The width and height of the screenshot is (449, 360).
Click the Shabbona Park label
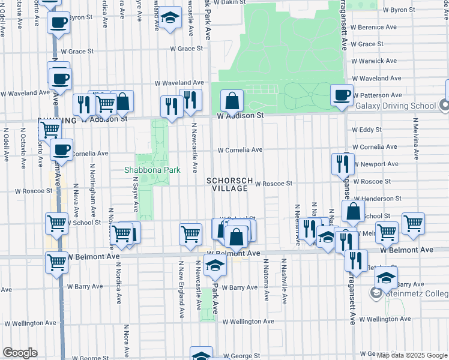[152, 170]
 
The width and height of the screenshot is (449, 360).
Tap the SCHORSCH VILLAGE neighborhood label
[227, 184]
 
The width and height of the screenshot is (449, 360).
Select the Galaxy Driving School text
[396, 106]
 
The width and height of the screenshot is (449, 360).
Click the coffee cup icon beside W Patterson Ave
[342, 96]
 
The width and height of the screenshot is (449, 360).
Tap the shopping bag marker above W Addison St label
[232, 101]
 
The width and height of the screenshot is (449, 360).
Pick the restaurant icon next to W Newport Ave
[343, 164]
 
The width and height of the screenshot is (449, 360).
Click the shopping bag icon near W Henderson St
[354, 212]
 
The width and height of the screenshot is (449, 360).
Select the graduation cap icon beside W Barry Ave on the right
[387, 278]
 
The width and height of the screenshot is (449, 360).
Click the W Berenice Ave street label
[375, 27]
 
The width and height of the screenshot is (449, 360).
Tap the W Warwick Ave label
[374, 61]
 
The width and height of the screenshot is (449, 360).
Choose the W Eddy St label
[367, 130]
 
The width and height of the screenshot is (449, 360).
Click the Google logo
[20, 353]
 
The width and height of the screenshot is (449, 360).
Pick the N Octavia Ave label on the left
[23, 143]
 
